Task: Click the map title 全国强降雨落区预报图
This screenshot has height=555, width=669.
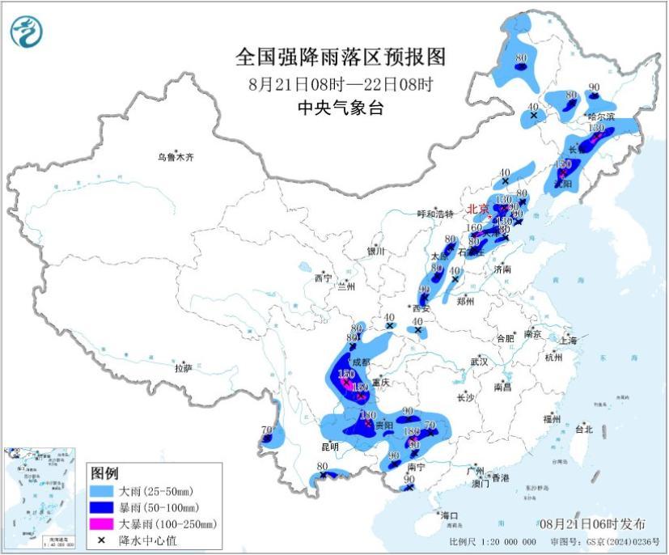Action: (x=340, y=57)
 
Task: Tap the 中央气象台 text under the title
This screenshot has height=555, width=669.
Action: (x=340, y=108)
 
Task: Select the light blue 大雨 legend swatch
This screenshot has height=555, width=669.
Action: (x=102, y=491)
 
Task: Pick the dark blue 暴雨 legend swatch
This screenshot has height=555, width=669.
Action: (x=102, y=507)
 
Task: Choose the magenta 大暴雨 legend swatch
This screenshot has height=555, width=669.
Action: (x=102, y=523)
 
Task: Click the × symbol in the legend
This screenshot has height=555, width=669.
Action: (x=102, y=540)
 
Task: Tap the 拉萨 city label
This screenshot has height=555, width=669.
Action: (x=183, y=368)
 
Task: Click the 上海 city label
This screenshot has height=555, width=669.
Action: (x=566, y=341)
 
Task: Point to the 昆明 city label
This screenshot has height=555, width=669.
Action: (x=329, y=446)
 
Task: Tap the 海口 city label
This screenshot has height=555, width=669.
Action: (x=449, y=515)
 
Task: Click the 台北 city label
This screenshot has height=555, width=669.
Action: (x=583, y=430)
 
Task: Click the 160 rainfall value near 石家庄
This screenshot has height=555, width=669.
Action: (x=475, y=228)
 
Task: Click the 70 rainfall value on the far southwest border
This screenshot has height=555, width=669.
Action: (x=266, y=430)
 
